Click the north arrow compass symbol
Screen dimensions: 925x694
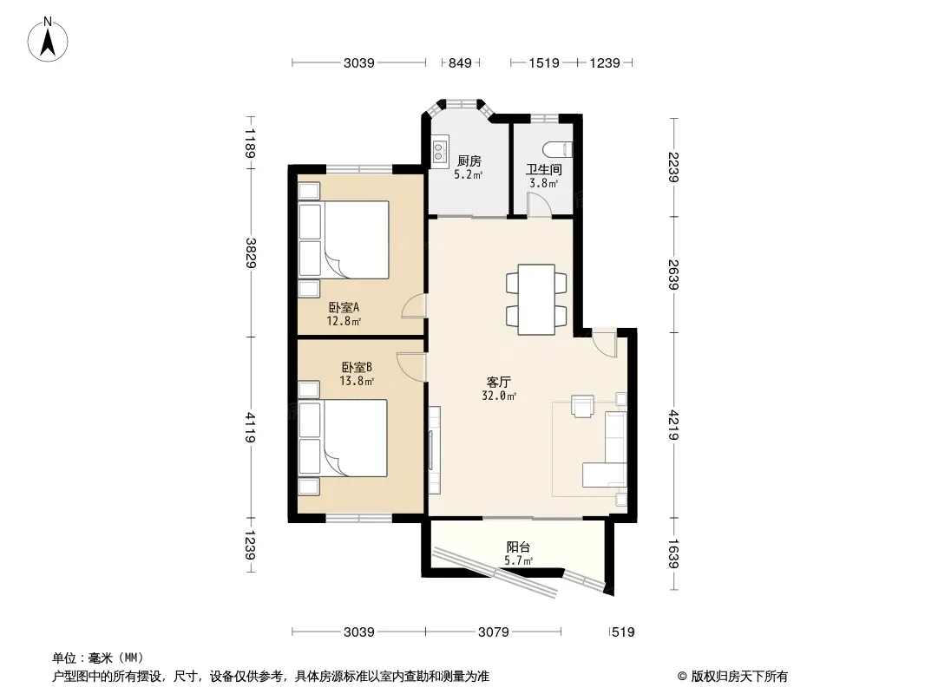(48, 40)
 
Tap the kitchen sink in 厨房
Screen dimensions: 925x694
(440, 149)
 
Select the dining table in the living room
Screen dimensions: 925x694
(536, 299)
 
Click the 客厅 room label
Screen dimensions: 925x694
(498, 382)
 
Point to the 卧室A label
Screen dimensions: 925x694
(344, 307)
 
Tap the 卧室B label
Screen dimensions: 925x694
(357, 367)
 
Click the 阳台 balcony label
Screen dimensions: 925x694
(519, 547)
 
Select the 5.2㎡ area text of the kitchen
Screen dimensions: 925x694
(469, 174)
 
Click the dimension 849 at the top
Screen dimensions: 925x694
(460, 62)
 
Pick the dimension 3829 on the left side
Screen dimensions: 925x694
(251, 253)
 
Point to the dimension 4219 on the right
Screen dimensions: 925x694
(673, 425)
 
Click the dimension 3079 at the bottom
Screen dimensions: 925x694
(493, 632)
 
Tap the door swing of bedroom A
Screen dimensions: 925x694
(413, 306)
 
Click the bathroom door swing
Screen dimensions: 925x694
(539, 205)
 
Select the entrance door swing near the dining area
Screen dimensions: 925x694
(604, 343)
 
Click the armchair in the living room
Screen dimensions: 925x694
(582, 406)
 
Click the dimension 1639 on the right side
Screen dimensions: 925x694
(673, 553)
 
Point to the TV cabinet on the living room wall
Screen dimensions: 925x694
(434, 450)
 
